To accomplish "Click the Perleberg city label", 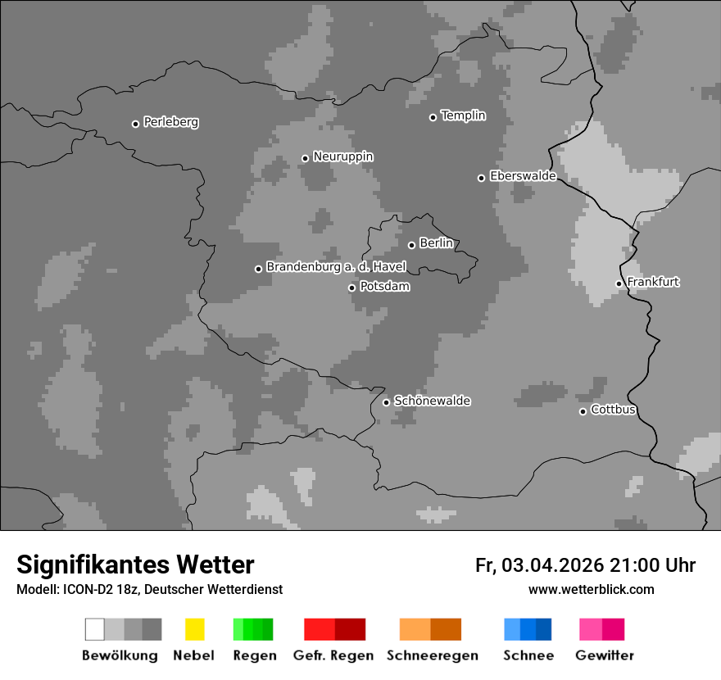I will [170, 122].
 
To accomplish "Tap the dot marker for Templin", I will [433, 117].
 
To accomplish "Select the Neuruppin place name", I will [342, 156].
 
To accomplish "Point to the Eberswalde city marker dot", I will [482, 178].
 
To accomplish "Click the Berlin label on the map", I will [436, 243].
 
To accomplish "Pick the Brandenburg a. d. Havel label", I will [336, 267].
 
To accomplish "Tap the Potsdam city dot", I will [352, 288].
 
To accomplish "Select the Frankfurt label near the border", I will [653, 282].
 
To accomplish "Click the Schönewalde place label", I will [432, 401].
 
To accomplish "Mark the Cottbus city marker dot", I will [583, 411].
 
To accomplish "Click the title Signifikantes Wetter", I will [135, 564].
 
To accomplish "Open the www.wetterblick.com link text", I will [591, 589].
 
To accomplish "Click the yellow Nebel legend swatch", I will [194, 629].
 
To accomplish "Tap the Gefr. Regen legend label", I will [333, 655].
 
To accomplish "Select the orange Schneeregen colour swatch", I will [430, 629].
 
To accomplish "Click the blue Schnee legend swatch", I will [528, 629].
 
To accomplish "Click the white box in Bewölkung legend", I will [95, 629].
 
